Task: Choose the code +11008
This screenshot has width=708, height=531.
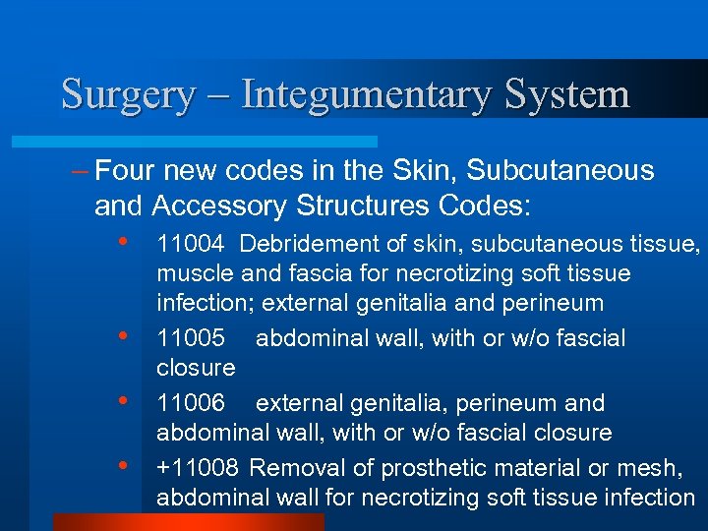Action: [x=198, y=467]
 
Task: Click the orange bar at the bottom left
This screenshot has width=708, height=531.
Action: [x=187, y=521]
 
